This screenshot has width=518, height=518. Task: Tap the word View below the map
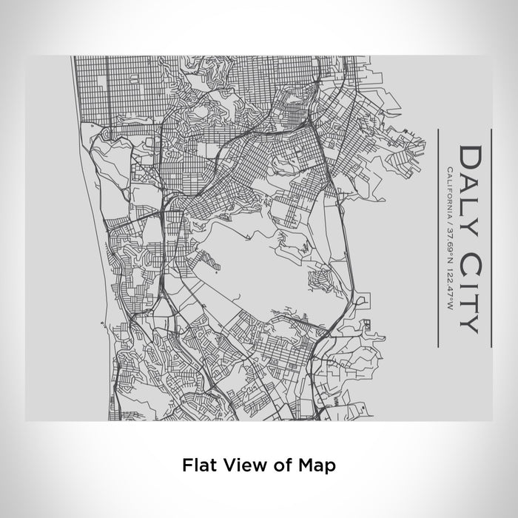(240, 465)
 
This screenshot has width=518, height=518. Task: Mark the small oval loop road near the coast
(104, 132)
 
